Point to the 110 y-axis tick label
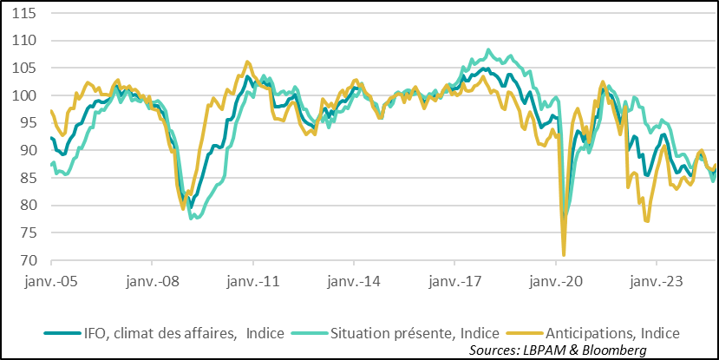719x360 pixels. click(x=24, y=41)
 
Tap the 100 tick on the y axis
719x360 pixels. click(x=24, y=95)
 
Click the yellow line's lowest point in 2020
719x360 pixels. click(x=564, y=255)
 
